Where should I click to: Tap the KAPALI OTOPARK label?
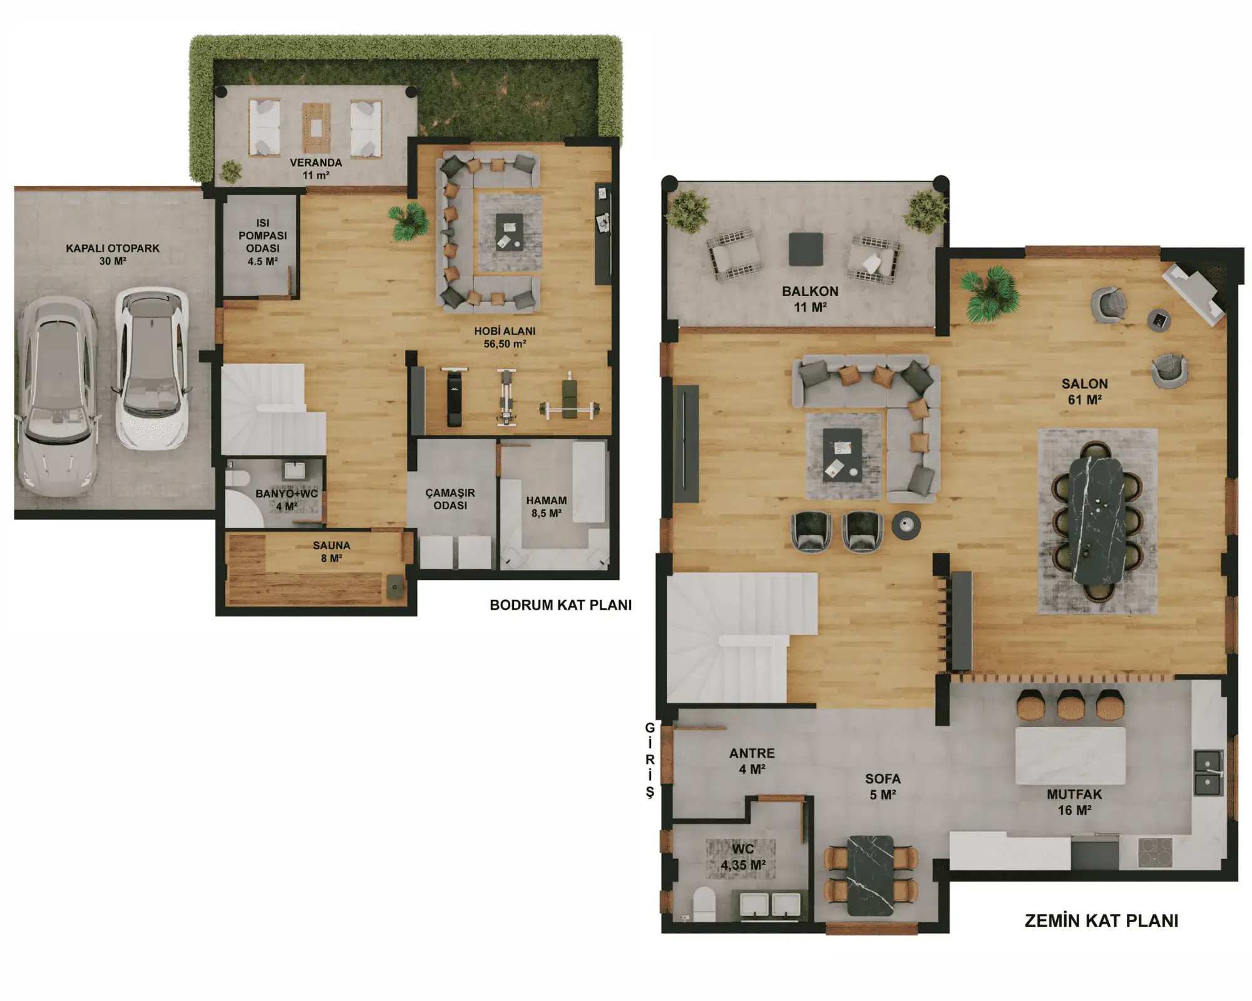[x=113, y=254]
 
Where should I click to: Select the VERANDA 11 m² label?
[x=316, y=168]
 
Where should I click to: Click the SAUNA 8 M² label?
[x=331, y=551]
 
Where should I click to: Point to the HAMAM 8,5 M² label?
[x=546, y=507]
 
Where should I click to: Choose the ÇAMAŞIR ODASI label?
[x=450, y=499]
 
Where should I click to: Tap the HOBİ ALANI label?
[x=505, y=331]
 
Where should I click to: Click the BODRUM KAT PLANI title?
[x=560, y=605]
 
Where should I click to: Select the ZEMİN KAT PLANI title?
[x=1101, y=921]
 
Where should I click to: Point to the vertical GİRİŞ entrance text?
[x=650, y=760]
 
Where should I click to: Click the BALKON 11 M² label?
[x=810, y=299]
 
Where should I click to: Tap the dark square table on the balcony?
[x=806, y=249]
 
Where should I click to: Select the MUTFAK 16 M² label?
[x=1074, y=802]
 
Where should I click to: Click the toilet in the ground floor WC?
[x=704, y=904]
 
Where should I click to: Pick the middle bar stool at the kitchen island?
[x=1070, y=704]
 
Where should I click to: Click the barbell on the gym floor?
[x=569, y=409]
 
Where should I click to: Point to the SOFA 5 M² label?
[x=883, y=786]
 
